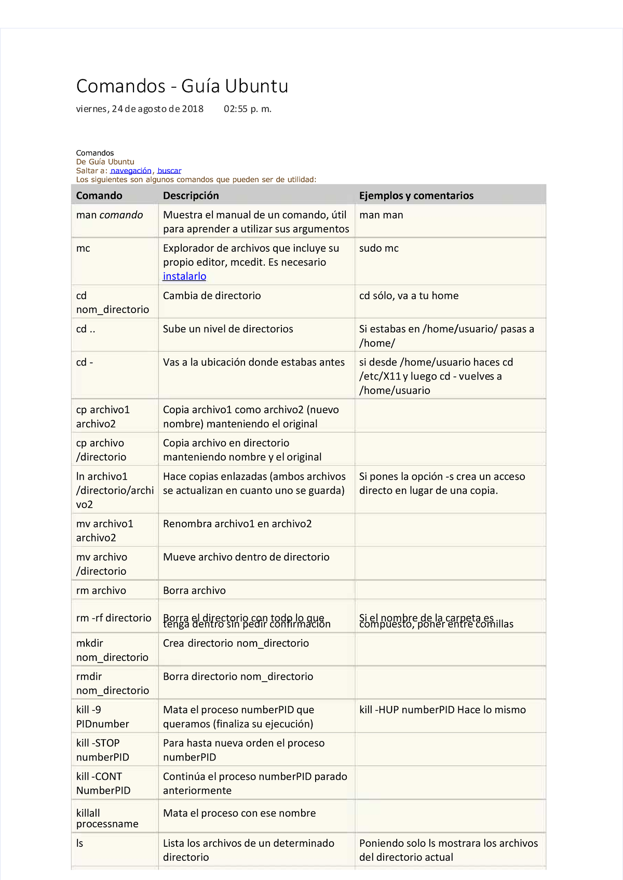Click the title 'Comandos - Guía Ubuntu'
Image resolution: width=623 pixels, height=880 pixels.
(182, 86)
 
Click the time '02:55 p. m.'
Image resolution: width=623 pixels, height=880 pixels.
(248, 109)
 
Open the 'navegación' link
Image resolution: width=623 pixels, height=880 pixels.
(131, 171)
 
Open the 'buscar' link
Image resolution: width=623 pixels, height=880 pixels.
(169, 171)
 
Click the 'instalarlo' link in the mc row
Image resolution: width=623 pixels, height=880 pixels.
(184, 277)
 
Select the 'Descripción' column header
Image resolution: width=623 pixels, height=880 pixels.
(191, 196)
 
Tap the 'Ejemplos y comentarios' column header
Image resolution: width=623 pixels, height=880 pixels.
(416, 196)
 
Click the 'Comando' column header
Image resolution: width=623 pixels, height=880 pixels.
(99, 196)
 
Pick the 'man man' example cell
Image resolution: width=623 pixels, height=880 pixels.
(381, 215)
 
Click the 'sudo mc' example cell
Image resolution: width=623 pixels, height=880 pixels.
(379, 248)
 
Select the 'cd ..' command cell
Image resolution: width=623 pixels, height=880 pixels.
(86, 329)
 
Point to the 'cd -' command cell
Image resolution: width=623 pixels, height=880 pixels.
(85, 362)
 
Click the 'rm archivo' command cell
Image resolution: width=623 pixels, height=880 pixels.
(101, 591)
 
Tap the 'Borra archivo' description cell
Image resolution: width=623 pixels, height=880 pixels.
(194, 591)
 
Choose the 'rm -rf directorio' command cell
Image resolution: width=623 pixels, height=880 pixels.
(114, 618)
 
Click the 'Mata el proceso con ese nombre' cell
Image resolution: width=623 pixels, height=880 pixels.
(239, 814)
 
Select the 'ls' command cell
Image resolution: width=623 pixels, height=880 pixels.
(80, 844)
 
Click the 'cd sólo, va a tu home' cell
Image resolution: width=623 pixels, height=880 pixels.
(409, 296)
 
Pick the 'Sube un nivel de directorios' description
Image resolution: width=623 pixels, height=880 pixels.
(228, 329)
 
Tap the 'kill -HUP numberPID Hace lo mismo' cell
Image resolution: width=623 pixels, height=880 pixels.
(442, 710)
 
